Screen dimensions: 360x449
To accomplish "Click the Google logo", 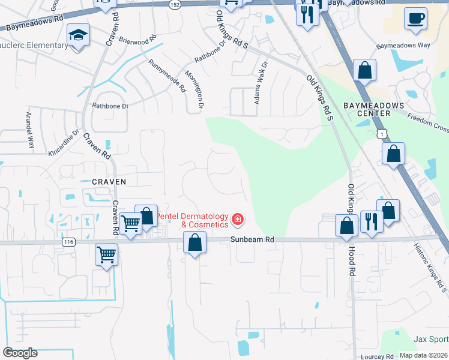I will tap(19, 353).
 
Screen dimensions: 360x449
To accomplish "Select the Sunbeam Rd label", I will tap(252, 239).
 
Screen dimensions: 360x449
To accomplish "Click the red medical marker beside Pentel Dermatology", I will tap(238, 220).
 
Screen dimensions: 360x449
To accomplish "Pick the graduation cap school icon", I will tap(77, 36).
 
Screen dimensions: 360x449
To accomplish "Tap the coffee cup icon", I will tap(415, 19).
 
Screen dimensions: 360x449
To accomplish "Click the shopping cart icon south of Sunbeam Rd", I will tap(107, 254).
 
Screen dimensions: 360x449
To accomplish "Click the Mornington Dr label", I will tap(194, 90).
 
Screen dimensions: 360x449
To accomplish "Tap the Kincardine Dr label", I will tap(64, 143).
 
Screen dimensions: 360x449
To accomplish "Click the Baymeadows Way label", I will tap(403, 46).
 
